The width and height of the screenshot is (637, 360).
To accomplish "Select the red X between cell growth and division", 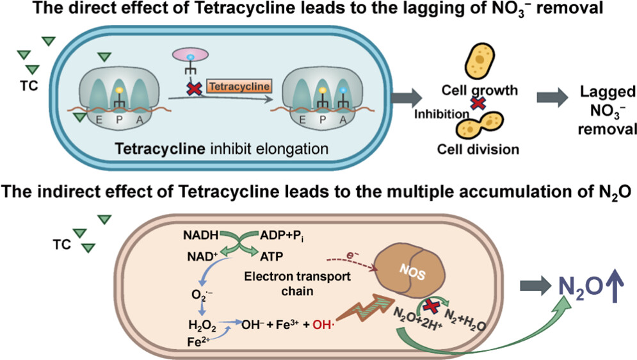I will [474, 102].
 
